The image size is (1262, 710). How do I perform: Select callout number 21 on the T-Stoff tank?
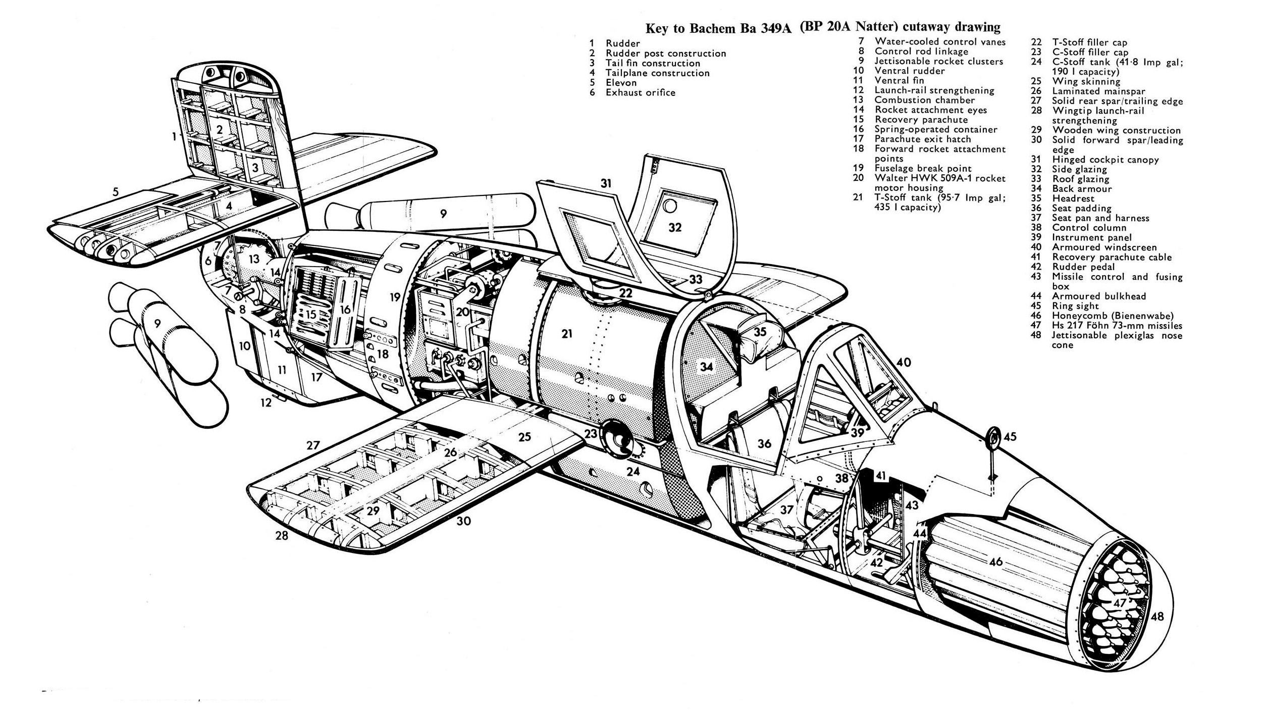567,334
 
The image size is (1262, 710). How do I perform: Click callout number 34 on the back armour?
706,367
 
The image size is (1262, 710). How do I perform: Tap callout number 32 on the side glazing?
675,228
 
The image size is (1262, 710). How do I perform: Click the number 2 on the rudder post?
220,130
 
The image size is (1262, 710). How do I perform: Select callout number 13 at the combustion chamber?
254,259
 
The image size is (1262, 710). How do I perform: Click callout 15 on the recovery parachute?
310,315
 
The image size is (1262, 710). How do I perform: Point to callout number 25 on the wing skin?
524,436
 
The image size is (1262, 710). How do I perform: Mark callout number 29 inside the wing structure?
373,511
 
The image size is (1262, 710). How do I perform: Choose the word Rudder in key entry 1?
623,43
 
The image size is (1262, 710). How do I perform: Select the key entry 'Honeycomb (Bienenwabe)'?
1113,316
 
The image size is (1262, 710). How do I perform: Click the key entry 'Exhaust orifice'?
641,92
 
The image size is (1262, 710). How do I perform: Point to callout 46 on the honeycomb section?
995,562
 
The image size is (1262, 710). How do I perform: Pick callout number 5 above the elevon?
116,192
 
